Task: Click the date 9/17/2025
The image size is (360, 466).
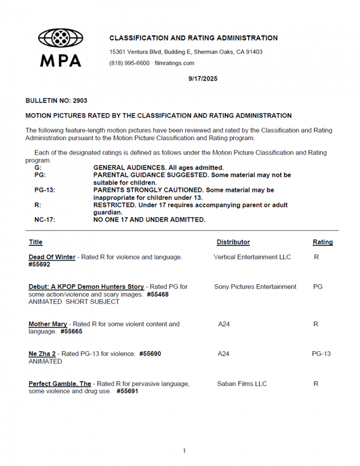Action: [203, 79]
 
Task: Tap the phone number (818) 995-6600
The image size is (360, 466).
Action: [129, 63]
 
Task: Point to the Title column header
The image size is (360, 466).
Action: [35, 242]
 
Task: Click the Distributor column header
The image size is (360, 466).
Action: [233, 242]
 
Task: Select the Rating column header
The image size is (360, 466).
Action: [322, 242]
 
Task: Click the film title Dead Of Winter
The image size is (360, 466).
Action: [52, 257]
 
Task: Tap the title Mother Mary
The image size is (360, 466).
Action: [48, 324]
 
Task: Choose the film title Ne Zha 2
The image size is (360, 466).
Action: [40, 354]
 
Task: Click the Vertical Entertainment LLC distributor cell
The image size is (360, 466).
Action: [253, 257]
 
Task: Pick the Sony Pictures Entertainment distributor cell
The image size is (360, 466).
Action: [255, 286]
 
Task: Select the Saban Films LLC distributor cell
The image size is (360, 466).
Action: [242, 384]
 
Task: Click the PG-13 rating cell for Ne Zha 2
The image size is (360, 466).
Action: [321, 354]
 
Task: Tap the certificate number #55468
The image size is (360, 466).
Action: [157, 294]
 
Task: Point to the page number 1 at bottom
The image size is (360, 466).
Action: [184, 451]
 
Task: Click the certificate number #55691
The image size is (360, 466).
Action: [127, 391]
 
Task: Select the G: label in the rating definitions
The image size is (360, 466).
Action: [38, 168]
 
